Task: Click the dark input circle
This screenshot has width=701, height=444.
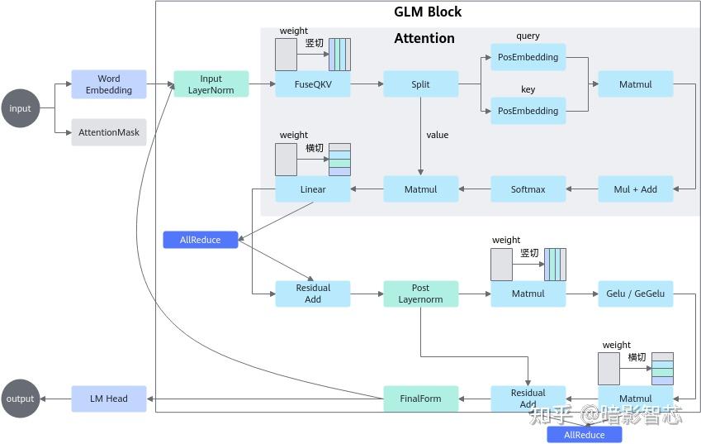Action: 20,108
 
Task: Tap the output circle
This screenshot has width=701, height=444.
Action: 20,399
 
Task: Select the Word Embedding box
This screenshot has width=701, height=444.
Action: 108,84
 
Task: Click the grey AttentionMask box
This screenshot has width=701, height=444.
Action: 108,132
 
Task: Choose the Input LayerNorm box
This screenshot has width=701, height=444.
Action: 211,84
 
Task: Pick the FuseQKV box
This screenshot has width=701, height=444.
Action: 313,84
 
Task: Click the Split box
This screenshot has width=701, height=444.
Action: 420,84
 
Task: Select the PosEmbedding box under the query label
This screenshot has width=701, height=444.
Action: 528,58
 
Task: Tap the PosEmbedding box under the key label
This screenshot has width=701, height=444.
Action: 528,111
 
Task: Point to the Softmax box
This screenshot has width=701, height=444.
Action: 528,189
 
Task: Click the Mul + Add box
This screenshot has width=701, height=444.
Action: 635,189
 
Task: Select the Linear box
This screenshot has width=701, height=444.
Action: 313,189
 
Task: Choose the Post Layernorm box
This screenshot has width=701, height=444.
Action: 420,294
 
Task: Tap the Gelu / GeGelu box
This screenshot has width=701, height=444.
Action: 635,294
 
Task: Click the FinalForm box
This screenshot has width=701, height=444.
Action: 420,399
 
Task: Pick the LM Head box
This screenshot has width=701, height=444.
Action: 108,399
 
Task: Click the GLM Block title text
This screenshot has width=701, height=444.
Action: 427,12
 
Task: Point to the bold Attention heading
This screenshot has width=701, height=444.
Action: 424,38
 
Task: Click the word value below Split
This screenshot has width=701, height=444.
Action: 437,135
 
